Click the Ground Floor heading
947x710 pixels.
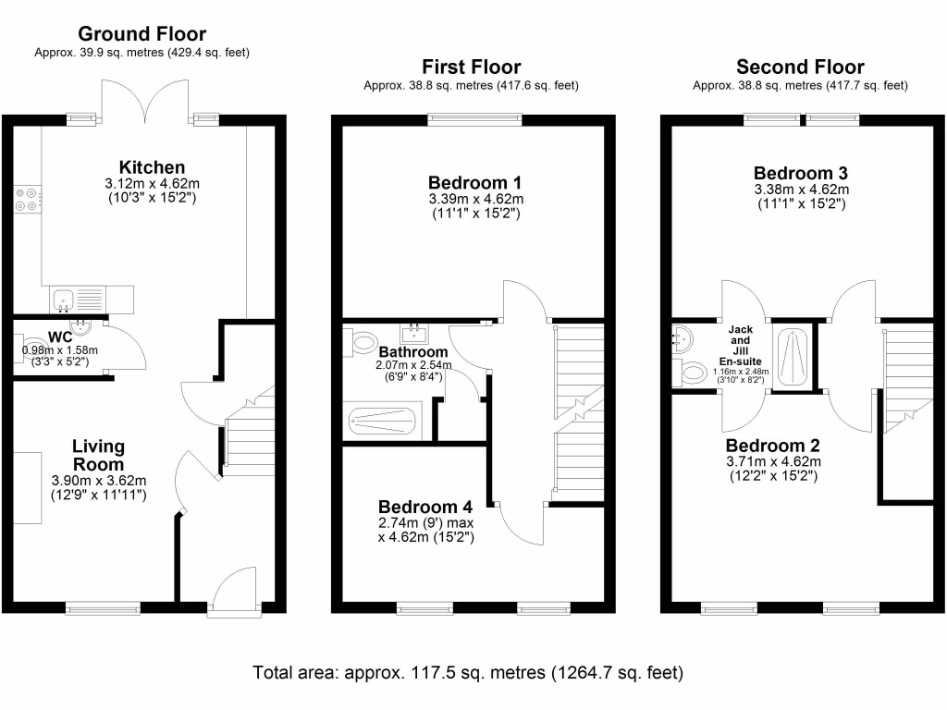[x=141, y=34]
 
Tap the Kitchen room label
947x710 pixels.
[x=153, y=167]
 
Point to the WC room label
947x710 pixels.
[x=60, y=337]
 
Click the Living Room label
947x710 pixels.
[x=98, y=455]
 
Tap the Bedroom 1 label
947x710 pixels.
[x=474, y=182]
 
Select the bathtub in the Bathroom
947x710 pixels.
[x=382, y=421]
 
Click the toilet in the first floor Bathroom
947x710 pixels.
[x=362, y=342]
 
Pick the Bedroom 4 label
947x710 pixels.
[x=425, y=507]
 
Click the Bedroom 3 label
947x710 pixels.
[x=801, y=173]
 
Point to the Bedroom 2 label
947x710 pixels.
[x=773, y=446]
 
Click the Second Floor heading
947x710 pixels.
[x=800, y=67]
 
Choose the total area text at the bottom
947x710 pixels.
[x=468, y=673]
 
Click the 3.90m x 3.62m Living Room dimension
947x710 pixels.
[x=99, y=481]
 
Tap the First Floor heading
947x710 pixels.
[x=471, y=67]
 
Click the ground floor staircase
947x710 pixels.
[x=249, y=432]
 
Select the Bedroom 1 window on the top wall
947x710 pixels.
[x=474, y=119]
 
